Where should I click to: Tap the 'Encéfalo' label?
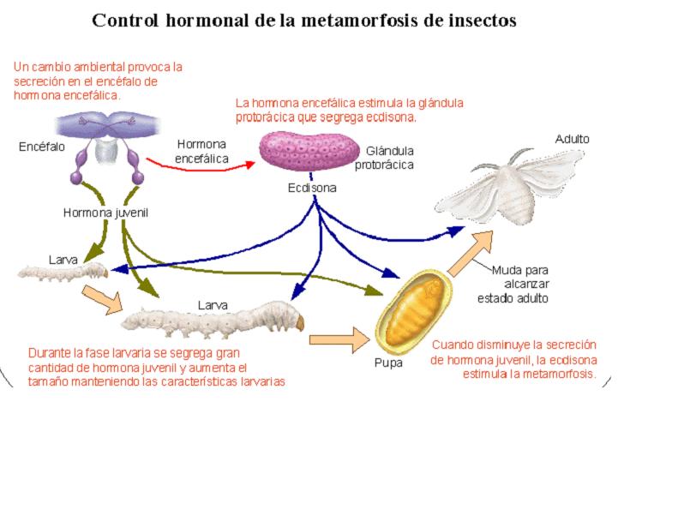(x=41, y=147)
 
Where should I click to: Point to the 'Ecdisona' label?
(x=312, y=188)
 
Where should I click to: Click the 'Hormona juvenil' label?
(x=106, y=213)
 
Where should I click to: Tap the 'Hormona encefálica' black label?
(x=202, y=151)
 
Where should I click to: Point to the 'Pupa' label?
(x=387, y=363)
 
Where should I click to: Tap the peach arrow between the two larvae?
(x=100, y=298)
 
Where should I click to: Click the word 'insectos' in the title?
(x=476, y=20)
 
